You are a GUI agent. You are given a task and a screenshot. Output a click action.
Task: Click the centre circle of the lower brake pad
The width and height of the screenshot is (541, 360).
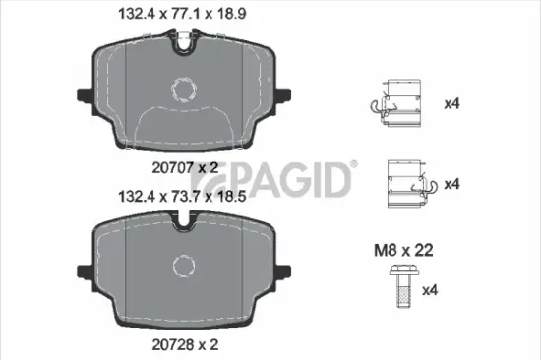click(x=182, y=265)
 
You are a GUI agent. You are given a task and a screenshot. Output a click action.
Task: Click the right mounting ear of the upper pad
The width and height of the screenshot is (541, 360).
click(x=284, y=95)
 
